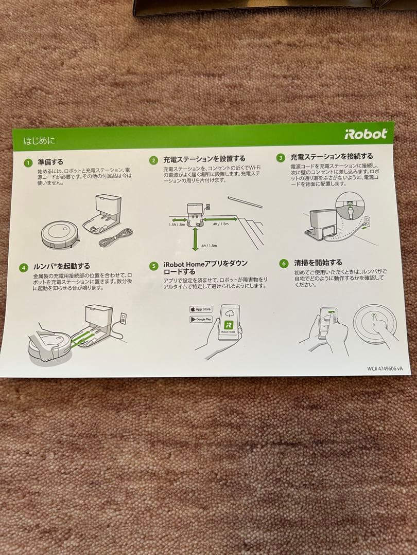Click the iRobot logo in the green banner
click(366, 134)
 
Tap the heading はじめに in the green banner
click(40, 140)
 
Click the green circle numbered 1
click(28, 163)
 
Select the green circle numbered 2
click(153, 160)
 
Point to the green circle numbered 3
click(281, 158)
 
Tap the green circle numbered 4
click(24, 268)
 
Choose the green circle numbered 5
click(153, 266)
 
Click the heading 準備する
click(50, 162)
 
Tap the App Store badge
click(201, 309)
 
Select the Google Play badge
click(201, 319)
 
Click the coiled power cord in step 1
click(116, 237)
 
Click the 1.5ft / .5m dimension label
click(176, 225)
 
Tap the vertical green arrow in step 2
click(195, 239)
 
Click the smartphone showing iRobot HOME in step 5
click(229, 322)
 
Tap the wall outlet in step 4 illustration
click(123, 318)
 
